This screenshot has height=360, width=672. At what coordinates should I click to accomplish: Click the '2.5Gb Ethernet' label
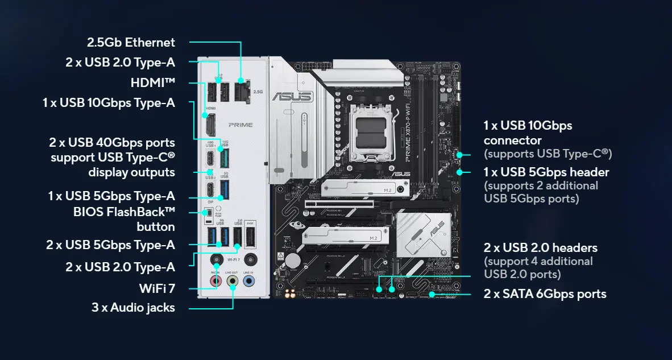[131, 42]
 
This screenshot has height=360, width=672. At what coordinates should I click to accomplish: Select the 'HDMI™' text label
[152, 83]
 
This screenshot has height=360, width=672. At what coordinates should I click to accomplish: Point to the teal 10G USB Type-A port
[224, 158]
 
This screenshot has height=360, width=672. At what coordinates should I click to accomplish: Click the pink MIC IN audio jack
[215, 281]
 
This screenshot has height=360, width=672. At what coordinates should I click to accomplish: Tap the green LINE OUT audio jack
[232, 281]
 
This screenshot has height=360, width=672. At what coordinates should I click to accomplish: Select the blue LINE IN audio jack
[248, 281]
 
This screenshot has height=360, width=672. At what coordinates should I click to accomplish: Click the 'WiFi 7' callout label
[156, 288]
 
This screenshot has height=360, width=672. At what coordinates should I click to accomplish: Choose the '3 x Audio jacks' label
[133, 308]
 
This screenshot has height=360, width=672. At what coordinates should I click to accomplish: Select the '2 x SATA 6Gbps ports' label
[545, 294]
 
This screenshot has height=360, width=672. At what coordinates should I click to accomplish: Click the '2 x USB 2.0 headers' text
[540, 248]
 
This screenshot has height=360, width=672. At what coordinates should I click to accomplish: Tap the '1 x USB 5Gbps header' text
[546, 172]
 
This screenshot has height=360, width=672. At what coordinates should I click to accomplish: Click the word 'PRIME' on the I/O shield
[240, 124]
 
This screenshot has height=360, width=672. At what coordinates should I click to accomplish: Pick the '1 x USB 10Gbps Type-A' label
[109, 103]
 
